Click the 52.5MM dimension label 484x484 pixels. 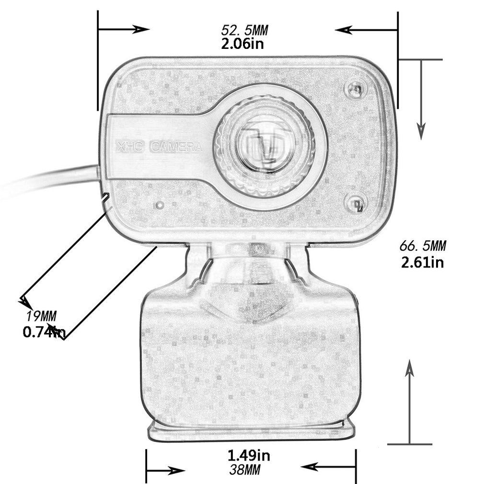244,30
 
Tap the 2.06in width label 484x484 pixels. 242,45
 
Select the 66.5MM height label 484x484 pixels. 423,246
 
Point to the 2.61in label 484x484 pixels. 423,262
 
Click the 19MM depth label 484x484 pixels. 41,316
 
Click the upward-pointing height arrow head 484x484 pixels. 409,369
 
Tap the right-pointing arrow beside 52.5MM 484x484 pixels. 141,29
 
